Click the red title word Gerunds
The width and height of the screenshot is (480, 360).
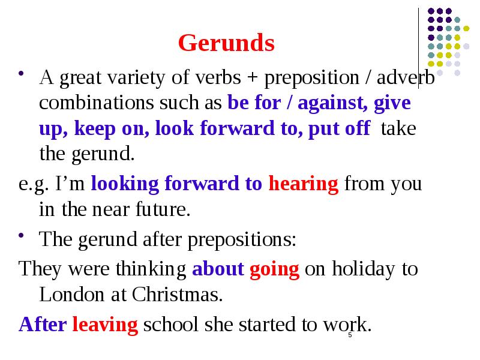pyautogui.click(x=226, y=43)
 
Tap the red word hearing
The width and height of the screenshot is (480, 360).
pyautogui.click(x=304, y=184)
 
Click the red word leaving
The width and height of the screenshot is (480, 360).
pyautogui.click(x=105, y=325)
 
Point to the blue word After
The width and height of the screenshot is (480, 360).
pyautogui.click(x=43, y=325)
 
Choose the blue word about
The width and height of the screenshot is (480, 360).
pyautogui.click(x=217, y=269)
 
